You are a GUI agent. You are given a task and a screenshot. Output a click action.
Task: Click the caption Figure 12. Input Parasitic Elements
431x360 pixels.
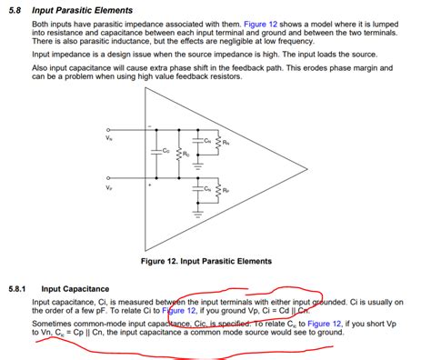[206, 261]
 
